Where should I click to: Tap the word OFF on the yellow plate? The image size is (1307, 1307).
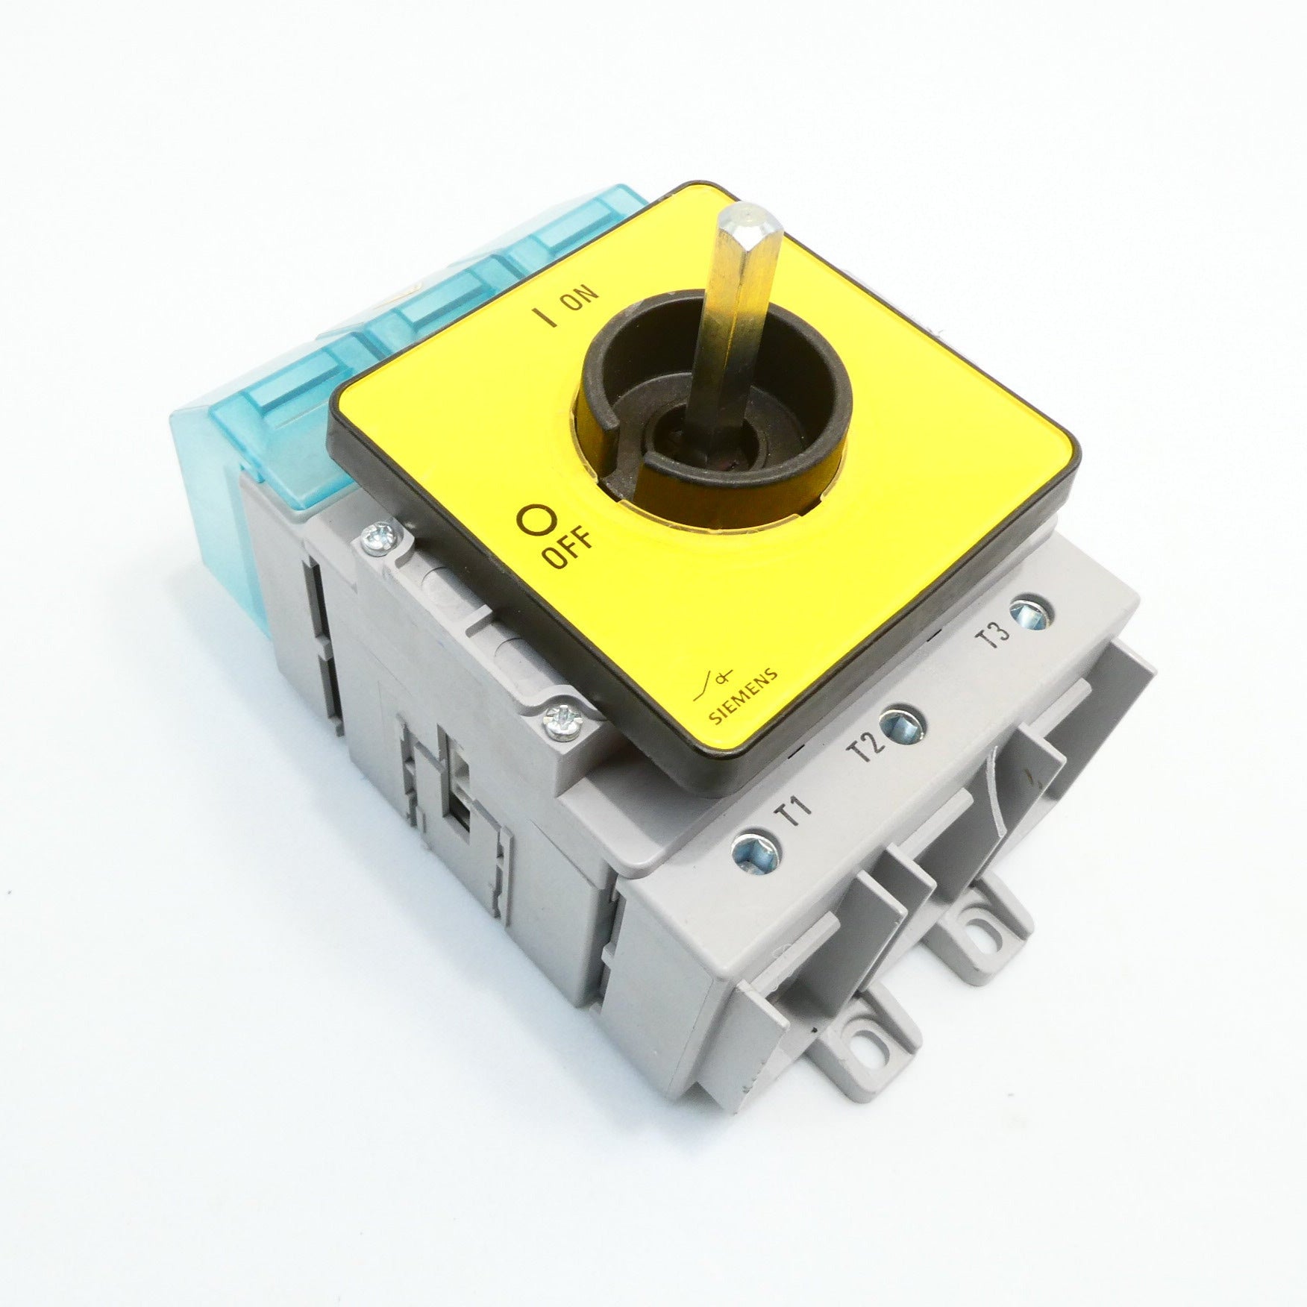568,550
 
